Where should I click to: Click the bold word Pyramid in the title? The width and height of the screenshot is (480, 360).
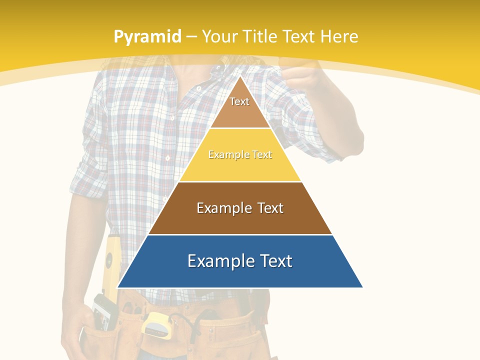point(147,37)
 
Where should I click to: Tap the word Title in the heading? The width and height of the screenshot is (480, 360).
point(261,37)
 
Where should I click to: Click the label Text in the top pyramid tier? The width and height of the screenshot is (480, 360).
point(239,101)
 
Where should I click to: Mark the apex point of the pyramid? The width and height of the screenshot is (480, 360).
point(240,76)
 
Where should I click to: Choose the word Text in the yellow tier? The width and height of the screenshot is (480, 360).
point(262,155)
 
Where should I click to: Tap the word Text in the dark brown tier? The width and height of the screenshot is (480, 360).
point(270,208)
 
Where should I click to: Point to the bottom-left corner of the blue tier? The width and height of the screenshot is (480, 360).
point(118,287)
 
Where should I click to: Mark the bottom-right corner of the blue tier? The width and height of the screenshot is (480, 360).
point(362,287)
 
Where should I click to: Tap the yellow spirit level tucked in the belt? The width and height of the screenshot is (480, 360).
point(110,265)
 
